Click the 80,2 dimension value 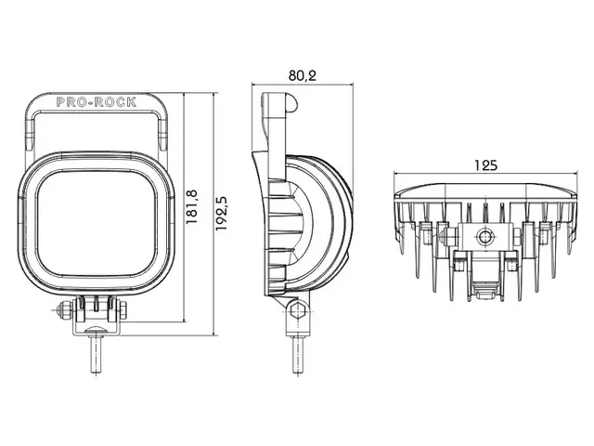302,76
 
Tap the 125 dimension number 485,165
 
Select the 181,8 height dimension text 192,206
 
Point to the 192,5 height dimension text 221,213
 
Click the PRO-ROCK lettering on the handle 97,102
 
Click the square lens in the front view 97,223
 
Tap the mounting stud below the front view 97,355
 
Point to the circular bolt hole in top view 484,237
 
